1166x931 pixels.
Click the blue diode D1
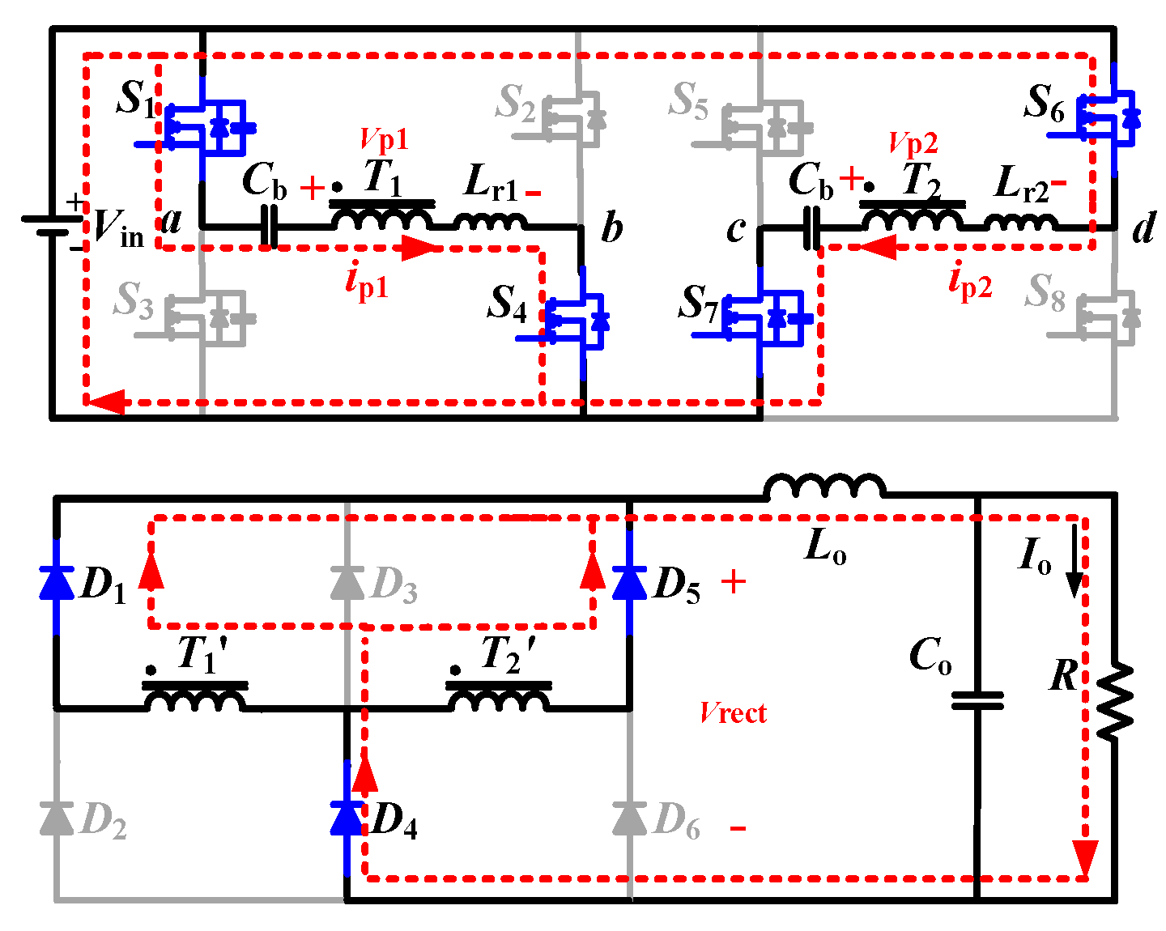[57, 582]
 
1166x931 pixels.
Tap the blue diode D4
[347, 818]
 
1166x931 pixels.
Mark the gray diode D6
[630, 818]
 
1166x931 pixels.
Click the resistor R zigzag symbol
[1115, 700]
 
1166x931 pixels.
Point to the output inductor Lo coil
[824, 487]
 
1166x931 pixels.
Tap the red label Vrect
[734, 713]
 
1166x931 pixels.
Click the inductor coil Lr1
[490, 221]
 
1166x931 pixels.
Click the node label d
[1143, 229]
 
